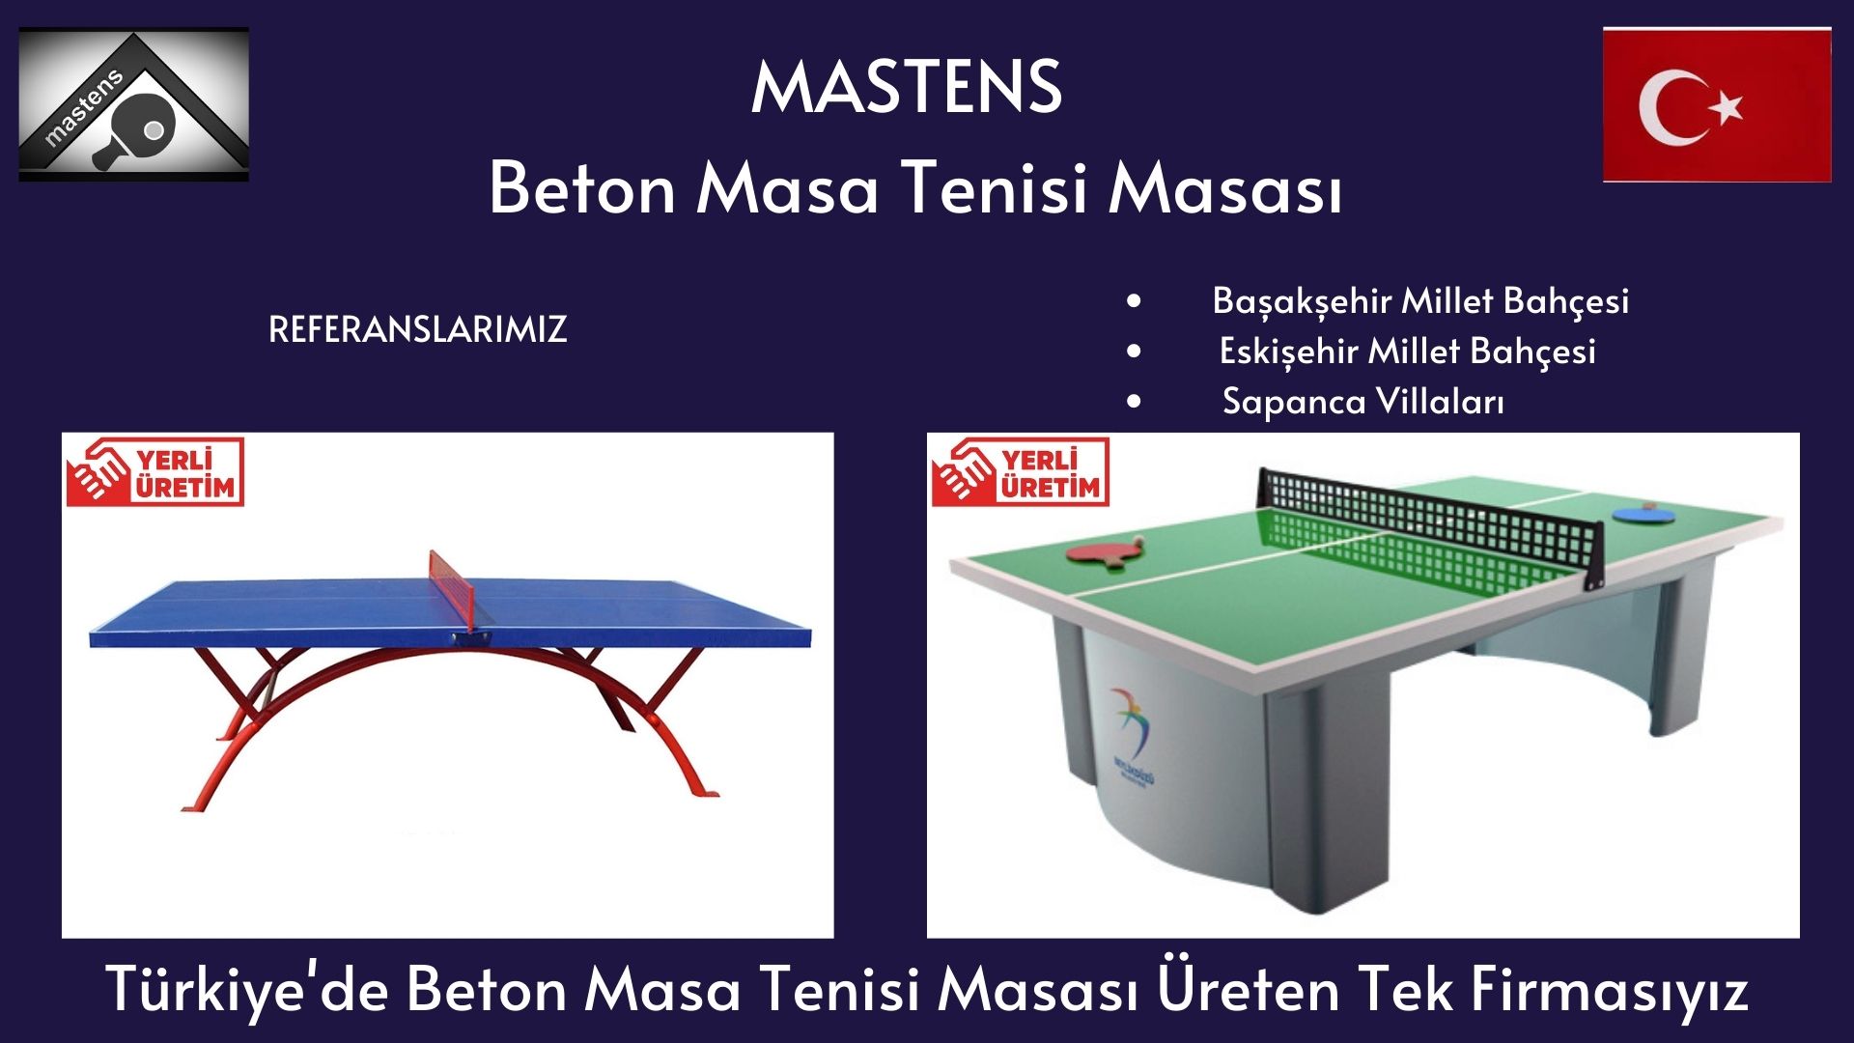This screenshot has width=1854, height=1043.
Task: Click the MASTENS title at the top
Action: (x=907, y=87)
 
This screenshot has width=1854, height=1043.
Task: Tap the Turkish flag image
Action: (x=1717, y=104)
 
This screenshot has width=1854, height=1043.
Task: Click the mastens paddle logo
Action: (x=134, y=104)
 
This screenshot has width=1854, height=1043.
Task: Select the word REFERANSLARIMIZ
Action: (x=417, y=329)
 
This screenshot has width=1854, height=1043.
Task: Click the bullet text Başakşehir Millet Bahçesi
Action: (x=1420, y=301)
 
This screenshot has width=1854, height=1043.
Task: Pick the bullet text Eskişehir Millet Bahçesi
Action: (x=1407, y=352)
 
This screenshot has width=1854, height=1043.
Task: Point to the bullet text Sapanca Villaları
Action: (x=1362, y=401)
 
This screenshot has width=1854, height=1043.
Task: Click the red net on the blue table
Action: (x=453, y=590)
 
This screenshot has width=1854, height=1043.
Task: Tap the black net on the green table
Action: (x=1429, y=526)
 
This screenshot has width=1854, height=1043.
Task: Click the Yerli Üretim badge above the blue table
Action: (x=154, y=472)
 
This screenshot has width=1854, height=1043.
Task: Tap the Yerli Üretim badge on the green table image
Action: (x=1020, y=472)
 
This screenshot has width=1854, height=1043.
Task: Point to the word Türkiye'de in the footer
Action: (x=246, y=989)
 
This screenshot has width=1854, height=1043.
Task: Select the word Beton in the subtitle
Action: (x=582, y=188)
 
